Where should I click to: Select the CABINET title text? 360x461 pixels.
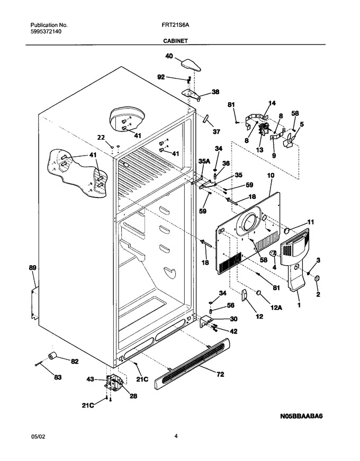(176, 41)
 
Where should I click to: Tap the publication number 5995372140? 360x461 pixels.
(46, 32)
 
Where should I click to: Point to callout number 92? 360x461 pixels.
(161, 77)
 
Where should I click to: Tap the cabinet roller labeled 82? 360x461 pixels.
(52, 356)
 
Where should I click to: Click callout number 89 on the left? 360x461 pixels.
(32, 268)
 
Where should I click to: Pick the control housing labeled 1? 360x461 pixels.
(295, 259)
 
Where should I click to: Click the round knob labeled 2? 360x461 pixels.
(317, 279)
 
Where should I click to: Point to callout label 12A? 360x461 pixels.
(276, 308)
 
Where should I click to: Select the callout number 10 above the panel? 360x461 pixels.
(271, 176)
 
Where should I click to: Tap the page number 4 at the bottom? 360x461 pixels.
(176, 436)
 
